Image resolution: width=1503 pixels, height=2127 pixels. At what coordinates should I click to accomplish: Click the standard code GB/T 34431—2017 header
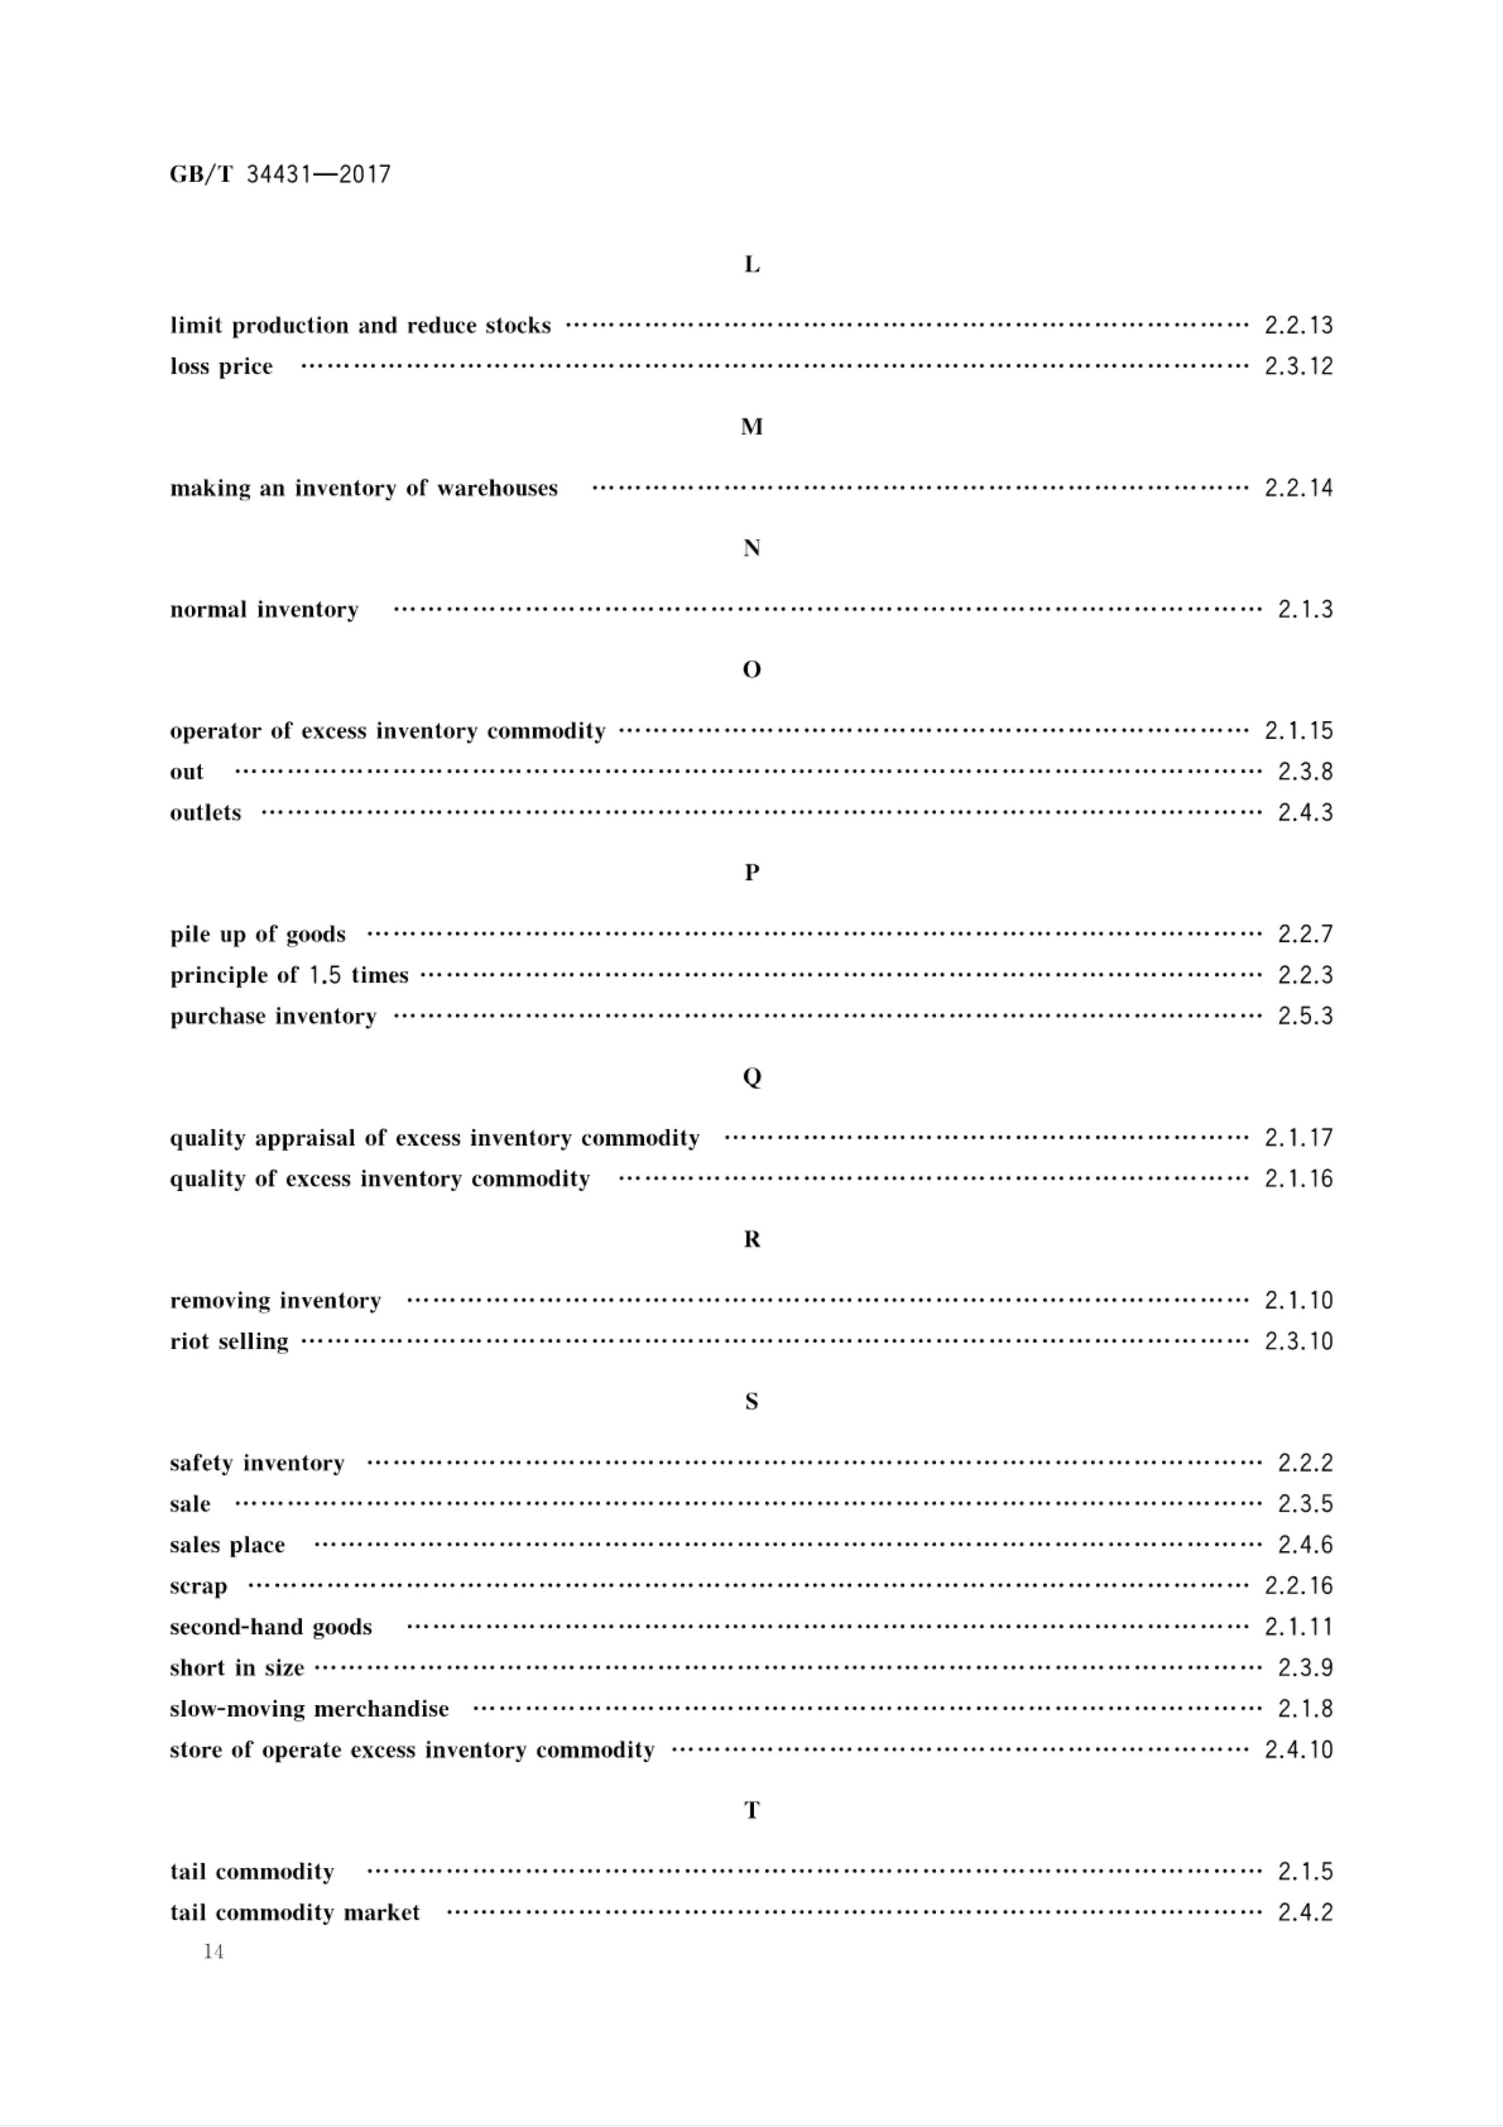coord(280,174)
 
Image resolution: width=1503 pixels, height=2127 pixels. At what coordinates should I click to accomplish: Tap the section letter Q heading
coord(751,1077)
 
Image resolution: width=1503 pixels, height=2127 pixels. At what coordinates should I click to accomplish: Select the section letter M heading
coord(751,427)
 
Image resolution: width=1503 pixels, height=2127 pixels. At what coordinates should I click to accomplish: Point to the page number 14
coord(213,1952)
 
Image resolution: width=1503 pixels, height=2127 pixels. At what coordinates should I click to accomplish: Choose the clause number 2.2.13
coord(1298,325)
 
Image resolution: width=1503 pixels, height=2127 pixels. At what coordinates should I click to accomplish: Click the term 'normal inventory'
coord(264,610)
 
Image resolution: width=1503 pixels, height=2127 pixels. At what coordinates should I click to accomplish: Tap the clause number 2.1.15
coord(1298,731)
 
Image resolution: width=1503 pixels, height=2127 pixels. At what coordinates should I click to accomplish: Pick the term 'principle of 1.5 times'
coord(289,975)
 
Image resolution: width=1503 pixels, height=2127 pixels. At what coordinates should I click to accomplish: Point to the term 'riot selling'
coord(229,1341)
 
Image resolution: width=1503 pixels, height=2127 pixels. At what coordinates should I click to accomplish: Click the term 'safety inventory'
coord(256,1463)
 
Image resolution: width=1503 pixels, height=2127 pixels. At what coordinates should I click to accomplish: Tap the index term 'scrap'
coord(198,1586)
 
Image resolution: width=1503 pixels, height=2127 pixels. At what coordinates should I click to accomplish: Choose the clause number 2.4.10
coord(1298,1750)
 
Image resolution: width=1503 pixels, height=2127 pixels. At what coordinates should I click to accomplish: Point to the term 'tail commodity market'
coord(295,1913)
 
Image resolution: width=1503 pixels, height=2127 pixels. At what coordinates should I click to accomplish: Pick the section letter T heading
coord(751,1810)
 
